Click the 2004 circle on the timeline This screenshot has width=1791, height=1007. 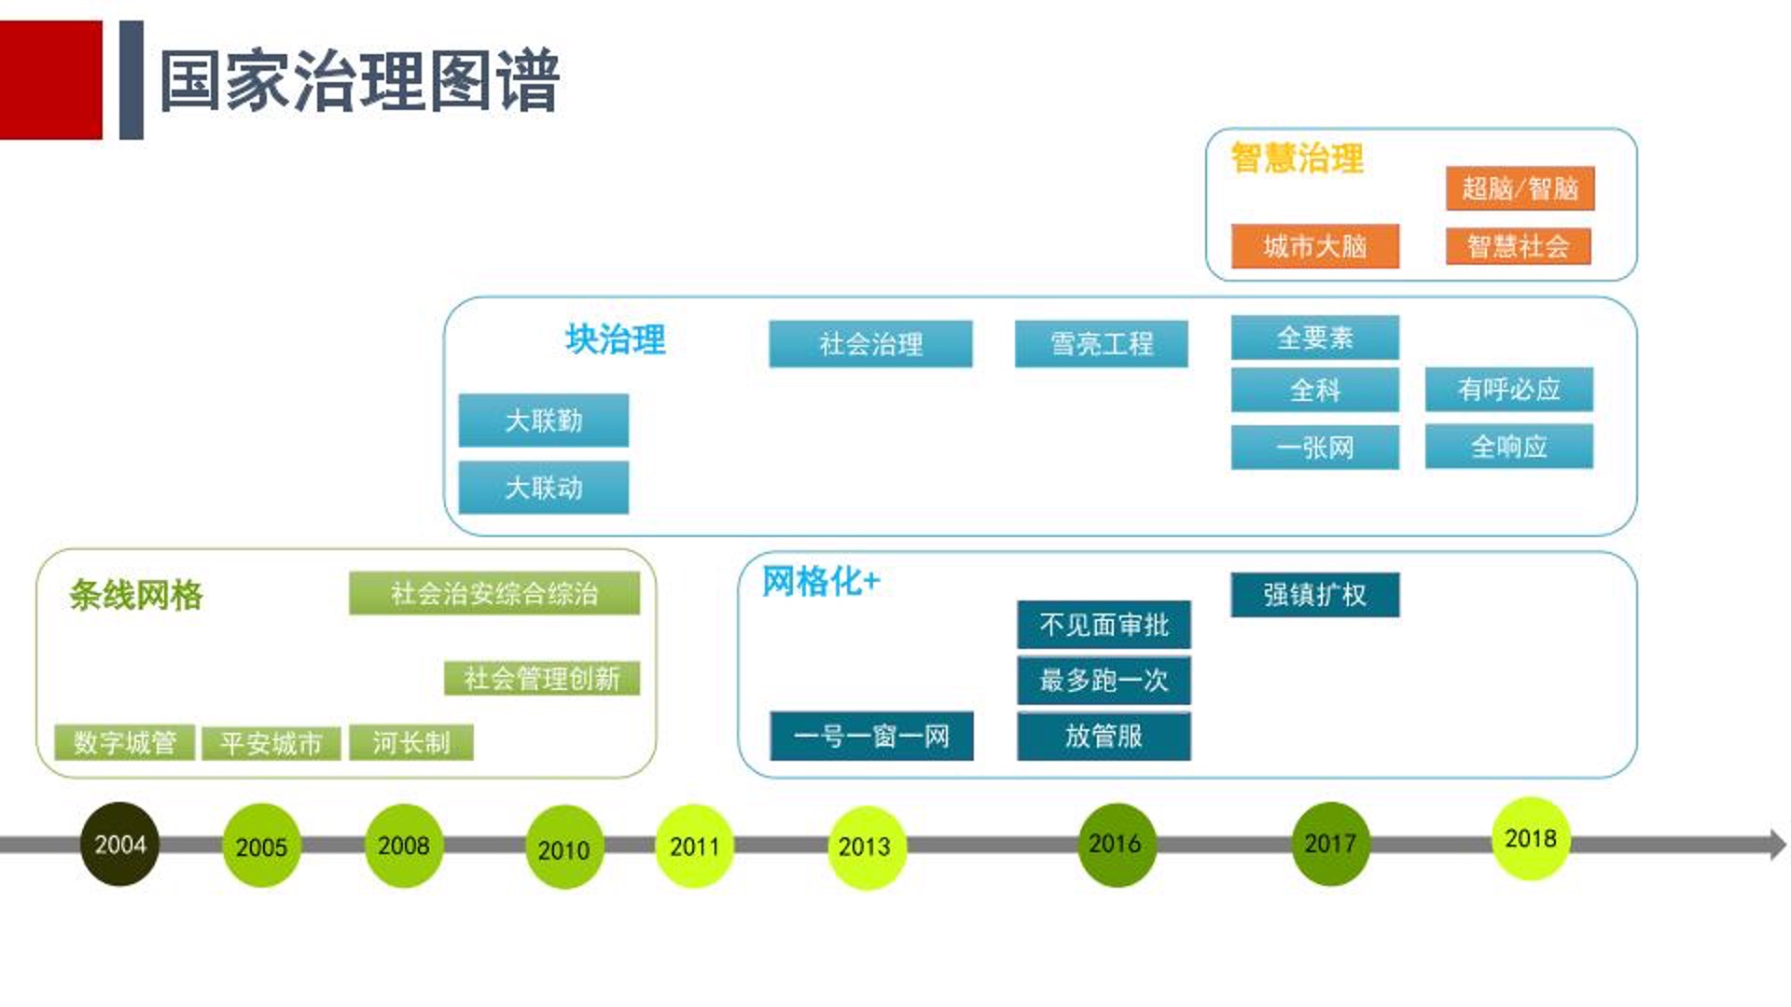(x=119, y=844)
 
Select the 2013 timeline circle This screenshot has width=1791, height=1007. (x=865, y=847)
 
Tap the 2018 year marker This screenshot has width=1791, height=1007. (x=1530, y=838)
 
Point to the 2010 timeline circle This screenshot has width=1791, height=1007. (x=563, y=848)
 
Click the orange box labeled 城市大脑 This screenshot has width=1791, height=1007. (x=1314, y=246)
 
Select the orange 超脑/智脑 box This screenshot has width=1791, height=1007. (x=1520, y=189)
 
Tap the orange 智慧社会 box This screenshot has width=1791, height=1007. (x=1518, y=246)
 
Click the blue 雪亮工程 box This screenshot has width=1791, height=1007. (x=1102, y=344)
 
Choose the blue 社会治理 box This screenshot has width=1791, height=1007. (x=870, y=344)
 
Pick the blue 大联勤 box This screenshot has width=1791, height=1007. (x=543, y=421)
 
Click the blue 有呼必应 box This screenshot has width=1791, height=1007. (x=1508, y=389)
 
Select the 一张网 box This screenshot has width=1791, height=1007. (x=1314, y=448)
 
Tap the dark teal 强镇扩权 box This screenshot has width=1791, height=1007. (x=1314, y=595)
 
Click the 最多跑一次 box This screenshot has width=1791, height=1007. (x=1104, y=681)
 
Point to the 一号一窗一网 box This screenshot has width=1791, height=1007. (x=871, y=737)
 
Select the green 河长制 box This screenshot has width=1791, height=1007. (x=411, y=743)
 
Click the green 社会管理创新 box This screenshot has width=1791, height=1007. (x=541, y=678)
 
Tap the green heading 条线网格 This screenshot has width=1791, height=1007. (x=136, y=595)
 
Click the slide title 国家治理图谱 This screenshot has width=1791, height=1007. (x=359, y=82)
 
